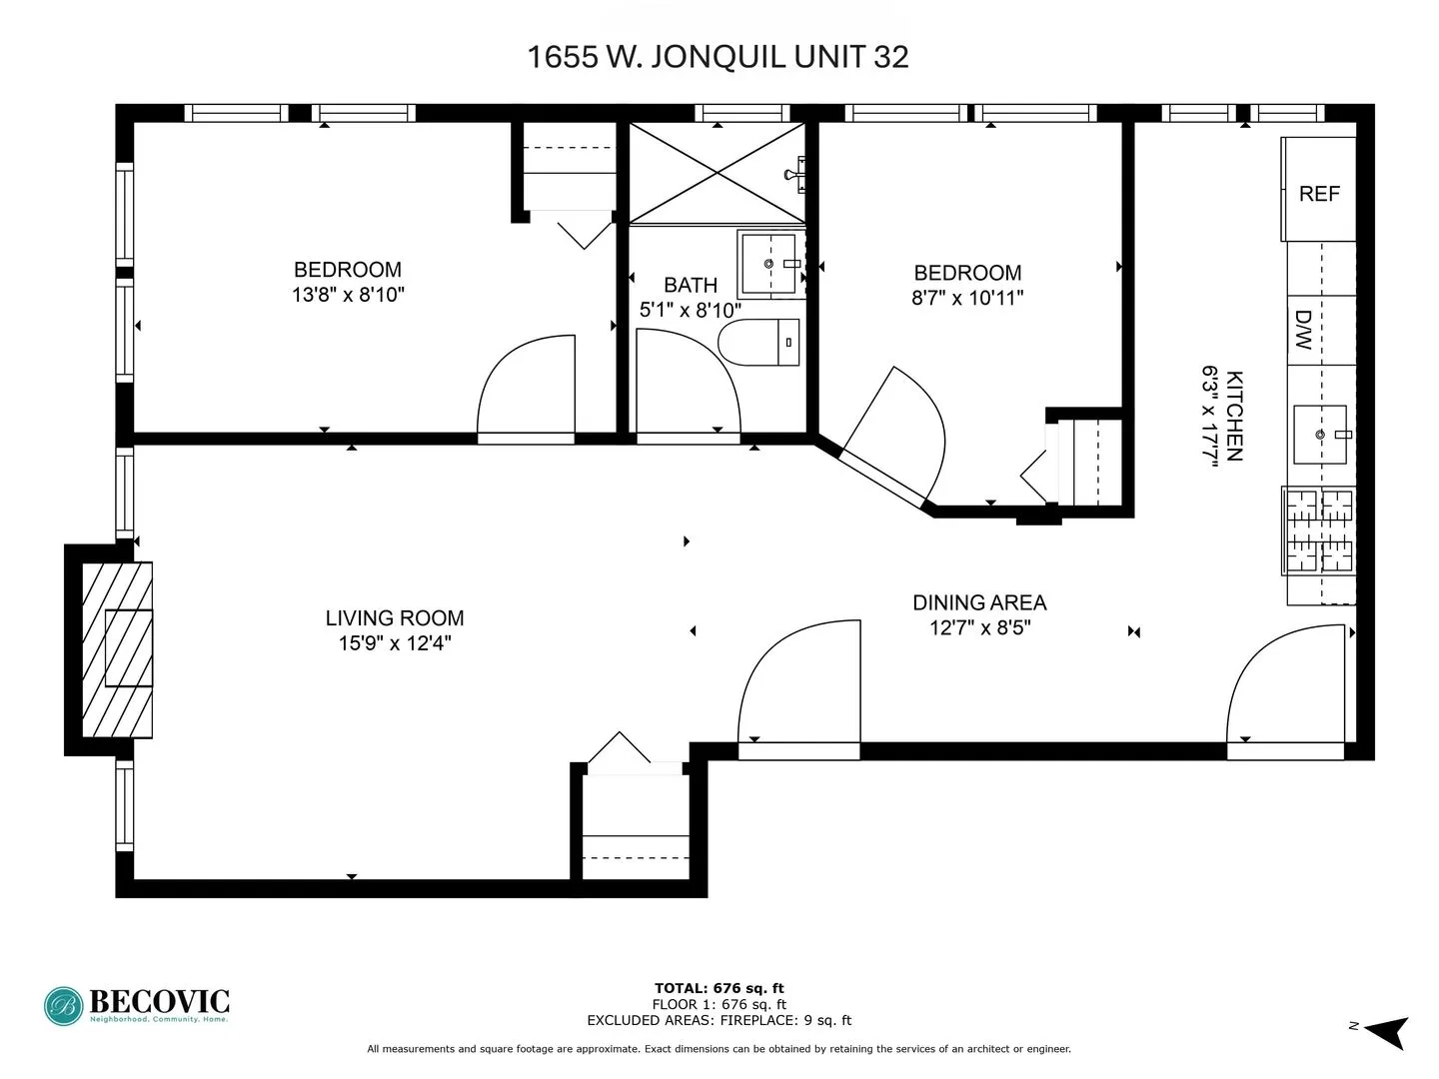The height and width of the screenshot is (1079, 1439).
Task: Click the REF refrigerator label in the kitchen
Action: [x=1318, y=194]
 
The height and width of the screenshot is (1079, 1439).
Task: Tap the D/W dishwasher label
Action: [x=1303, y=330]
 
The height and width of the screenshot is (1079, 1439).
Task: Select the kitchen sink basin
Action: [x=1319, y=435]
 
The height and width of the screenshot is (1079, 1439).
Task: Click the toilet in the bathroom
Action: [x=759, y=343]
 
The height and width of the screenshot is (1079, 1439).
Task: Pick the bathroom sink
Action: [x=768, y=264]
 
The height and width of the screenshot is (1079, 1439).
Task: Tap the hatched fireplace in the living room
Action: [x=116, y=649]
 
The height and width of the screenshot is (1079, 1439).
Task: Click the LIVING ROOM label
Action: [x=394, y=618]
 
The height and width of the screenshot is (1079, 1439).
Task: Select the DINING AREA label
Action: [x=978, y=602]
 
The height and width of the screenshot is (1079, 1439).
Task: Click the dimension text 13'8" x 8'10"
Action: [x=348, y=295]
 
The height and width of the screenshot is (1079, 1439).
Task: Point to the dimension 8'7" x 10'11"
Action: [x=966, y=298]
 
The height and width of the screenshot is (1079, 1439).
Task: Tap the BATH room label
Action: [x=690, y=285]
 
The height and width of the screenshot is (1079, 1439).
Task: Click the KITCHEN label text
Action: [x=1235, y=416]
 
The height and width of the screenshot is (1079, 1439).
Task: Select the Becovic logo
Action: [x=137, y=1005]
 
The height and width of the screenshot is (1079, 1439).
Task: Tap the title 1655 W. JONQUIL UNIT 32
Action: [x=718, y=57]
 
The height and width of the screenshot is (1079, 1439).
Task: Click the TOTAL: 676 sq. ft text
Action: [x=719, y=988]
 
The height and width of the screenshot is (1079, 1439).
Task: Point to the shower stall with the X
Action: [x=717, y=173]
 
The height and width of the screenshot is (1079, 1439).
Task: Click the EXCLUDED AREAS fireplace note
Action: [x=719, y=1020]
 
